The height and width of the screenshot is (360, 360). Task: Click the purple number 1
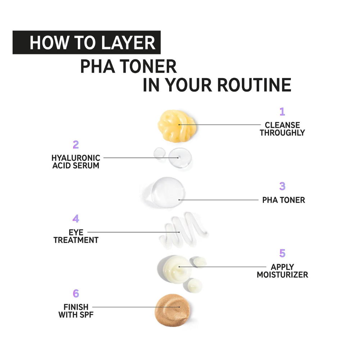tap(282, 112)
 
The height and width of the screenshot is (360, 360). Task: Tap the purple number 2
tap(76, 145)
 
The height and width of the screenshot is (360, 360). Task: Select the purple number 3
tap(282, 186)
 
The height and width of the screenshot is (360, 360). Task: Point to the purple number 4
tap(76, 219)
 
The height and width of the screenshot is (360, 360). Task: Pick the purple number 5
tap(282, 253)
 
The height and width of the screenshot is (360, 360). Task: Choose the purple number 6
tap(76, 293)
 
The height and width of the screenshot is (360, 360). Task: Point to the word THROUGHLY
tap(282, 133)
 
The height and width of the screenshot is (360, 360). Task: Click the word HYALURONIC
tap(76, 158)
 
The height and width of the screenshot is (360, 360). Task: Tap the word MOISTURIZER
tap(282, 275)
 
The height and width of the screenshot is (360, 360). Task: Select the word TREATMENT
tap(76, 240)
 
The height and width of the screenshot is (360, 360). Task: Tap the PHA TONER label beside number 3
tap(284, 200)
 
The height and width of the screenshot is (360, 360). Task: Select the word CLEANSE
tap(282, 125)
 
